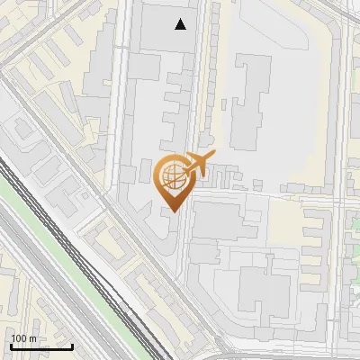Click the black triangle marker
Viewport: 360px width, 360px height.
tap(182, 25)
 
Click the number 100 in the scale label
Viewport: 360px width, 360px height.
tap(19, 337)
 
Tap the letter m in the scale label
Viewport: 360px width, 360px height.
tap(32, 337)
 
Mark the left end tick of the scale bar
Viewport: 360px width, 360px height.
tap(11, 346)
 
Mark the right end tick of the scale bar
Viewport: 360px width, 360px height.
tap(73, 346)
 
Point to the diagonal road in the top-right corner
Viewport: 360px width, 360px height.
tap(337, 13)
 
